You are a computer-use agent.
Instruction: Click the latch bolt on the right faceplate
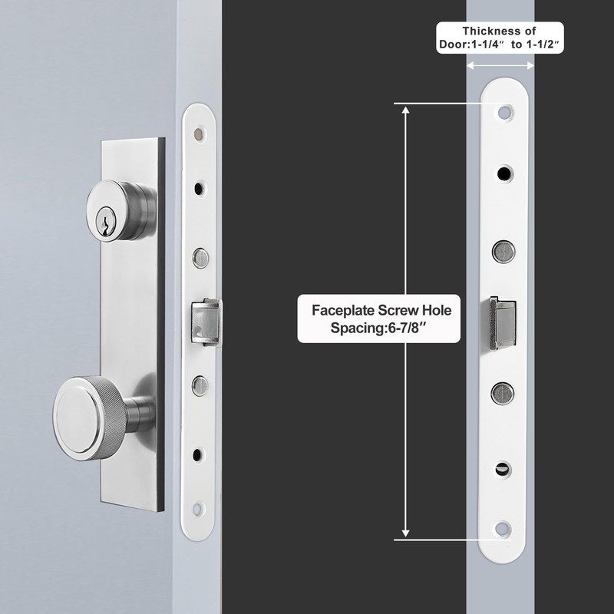coord(499,320)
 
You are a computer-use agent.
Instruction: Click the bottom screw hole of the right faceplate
coord(503,528)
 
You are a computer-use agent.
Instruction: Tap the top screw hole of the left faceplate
coord(200,135)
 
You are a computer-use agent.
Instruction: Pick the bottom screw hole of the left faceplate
coord(199,507)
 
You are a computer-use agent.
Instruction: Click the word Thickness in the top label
coord(490,31)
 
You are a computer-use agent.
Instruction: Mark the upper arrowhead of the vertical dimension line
coord(406,109)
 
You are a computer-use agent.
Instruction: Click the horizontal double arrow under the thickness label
coord(500,67)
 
